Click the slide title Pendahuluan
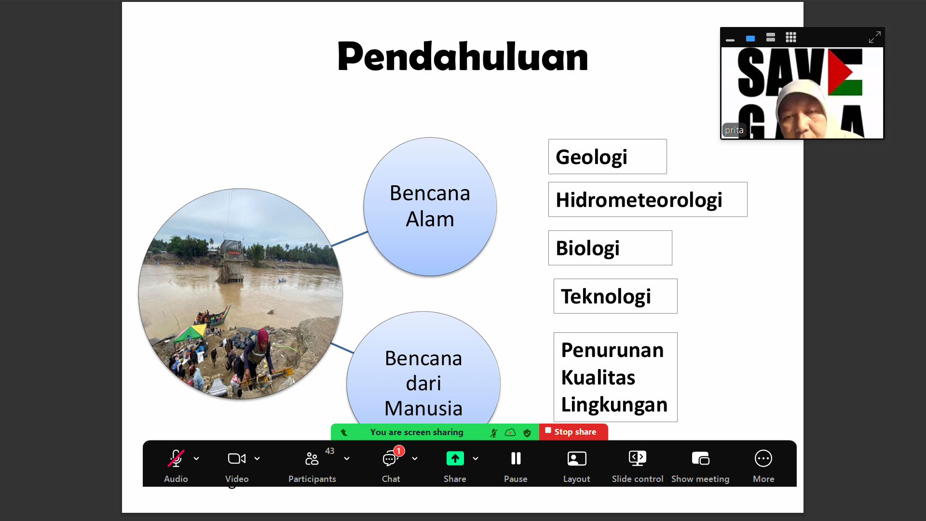(463, 56)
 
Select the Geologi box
(607, 157)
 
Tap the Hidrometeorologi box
(648, 199)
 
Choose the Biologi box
(610, 248)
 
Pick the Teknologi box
(615, 296)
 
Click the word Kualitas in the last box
(598, 377)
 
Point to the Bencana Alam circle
(430, 206)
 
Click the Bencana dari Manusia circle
(423, 369)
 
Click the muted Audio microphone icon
(176, 458)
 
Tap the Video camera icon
(237, 458)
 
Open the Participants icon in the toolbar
(312, 458)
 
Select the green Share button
(455, 458)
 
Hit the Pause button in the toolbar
(516, 458)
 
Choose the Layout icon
(577, 458)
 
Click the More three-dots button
(763, 458)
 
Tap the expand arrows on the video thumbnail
(874, 37)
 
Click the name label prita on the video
(734, 130)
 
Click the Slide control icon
(638, 458)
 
